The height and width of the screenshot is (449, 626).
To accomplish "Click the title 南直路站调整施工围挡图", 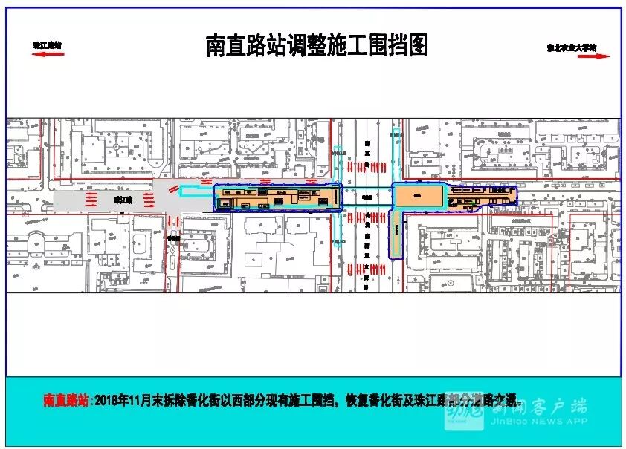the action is pyautogui.click(x=316, y=46).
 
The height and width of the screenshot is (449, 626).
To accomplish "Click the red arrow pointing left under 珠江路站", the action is pyautogui.click(x=46, y=53).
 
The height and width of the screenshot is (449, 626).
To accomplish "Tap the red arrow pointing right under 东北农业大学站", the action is pyautogui.click(x=581, y=55).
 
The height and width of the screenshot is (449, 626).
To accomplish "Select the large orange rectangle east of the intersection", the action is pyautogui.click(x=419, y=197).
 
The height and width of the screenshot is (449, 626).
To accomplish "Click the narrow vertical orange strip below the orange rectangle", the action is pyautogui.click(x=396, y=235).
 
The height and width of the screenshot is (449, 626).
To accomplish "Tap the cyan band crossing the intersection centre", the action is pyautogui.click(x=366, y=197).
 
